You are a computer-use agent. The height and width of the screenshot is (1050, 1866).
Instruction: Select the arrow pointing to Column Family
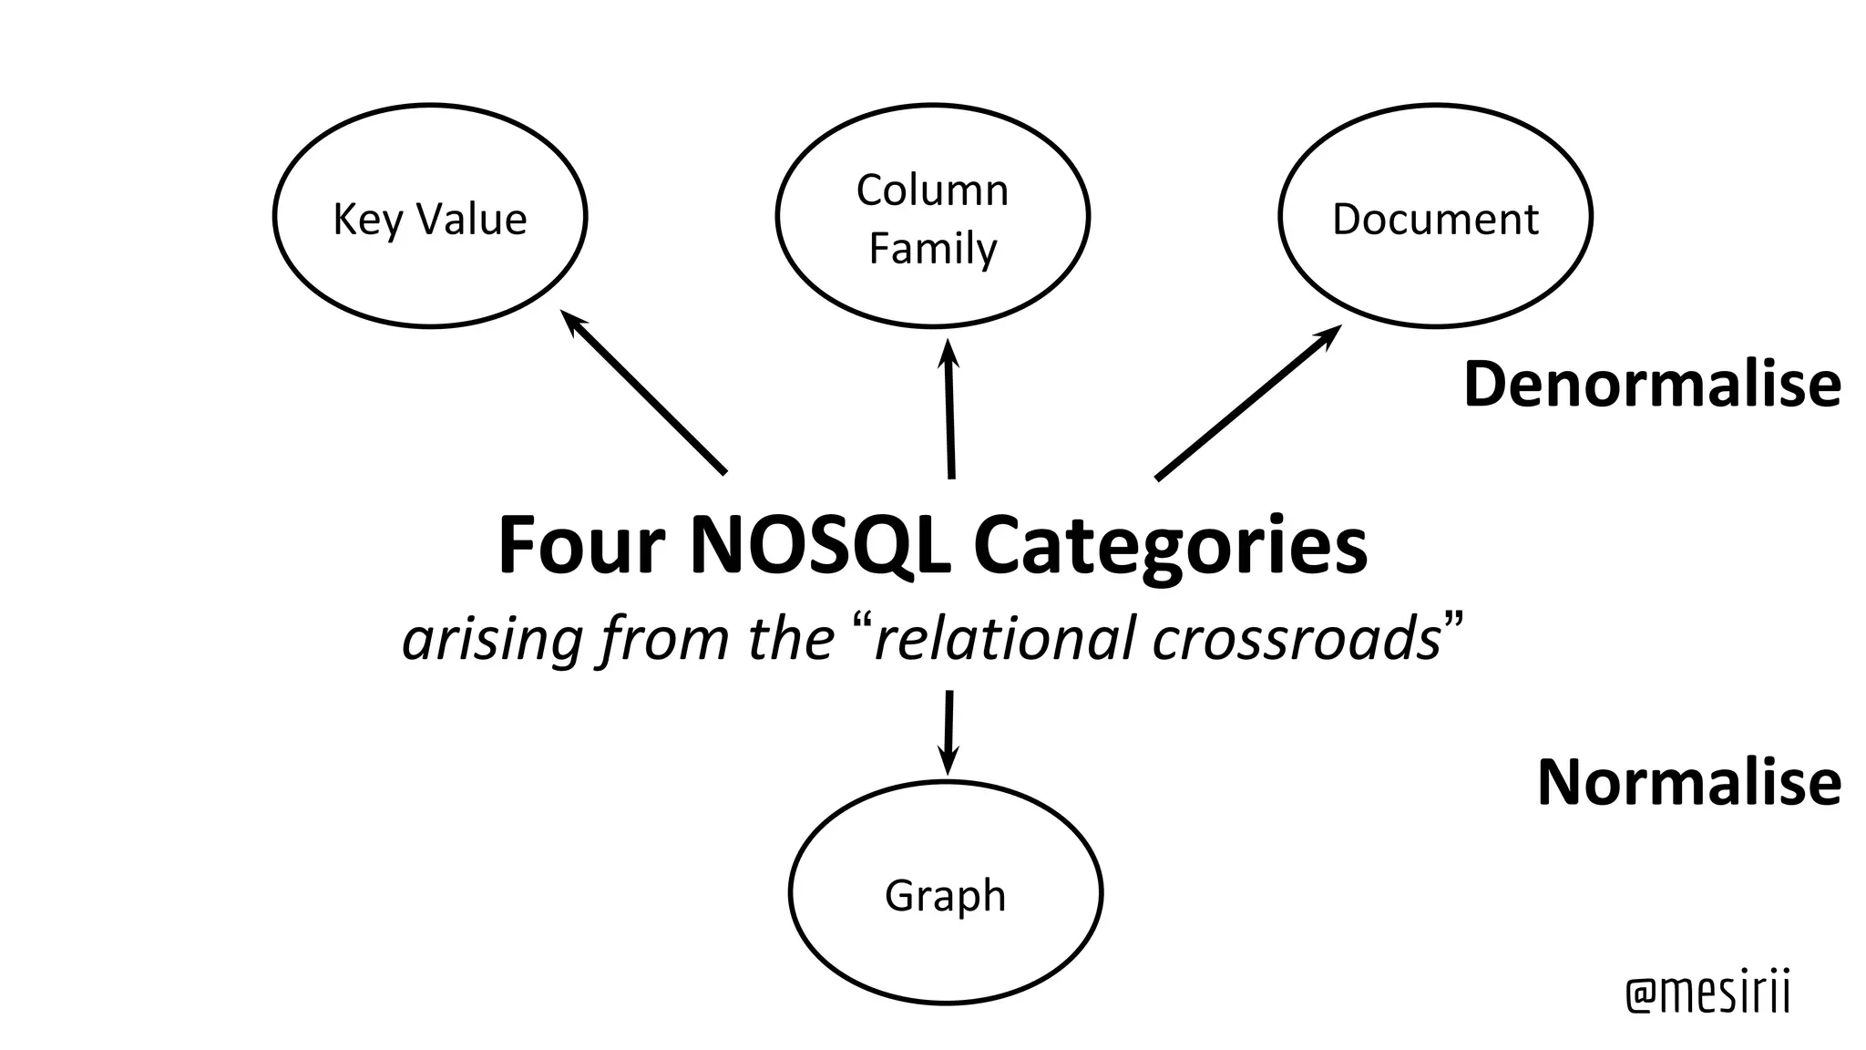pyautogui.click(x=949, y=409)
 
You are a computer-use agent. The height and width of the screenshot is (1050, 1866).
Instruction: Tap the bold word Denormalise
pyautogui.click(x=1651, y=385)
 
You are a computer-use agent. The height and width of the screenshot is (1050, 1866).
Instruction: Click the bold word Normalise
pyautogui.click(x=1688, y=783)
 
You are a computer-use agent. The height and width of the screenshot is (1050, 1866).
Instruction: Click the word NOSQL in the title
pyautogui.click(x=819, y=546)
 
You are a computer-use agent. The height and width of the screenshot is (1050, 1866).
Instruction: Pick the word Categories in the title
pyautogui.click(x=1170, y=548)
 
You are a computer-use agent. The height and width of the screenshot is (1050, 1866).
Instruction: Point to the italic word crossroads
pyautogui.click(x=1296, y=638)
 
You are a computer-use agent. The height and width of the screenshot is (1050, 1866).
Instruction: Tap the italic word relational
pyautogui.click(x=1005, y=638)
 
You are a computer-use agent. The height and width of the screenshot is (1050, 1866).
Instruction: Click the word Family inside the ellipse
pyautogui.click(x=933, y=249)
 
